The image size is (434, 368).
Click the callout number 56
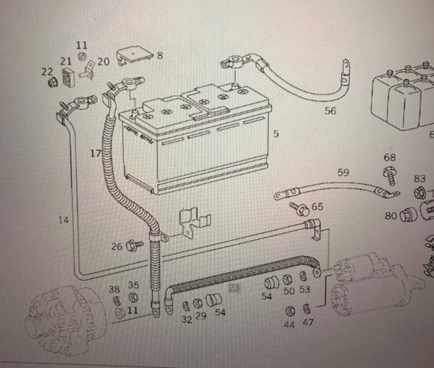click(330, 111)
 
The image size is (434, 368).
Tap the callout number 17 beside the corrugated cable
click(96, 153)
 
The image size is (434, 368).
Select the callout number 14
click(64, 220)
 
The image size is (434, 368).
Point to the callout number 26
click(117, 246)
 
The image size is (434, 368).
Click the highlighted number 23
click(234, 287)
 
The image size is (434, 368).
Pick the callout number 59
click(343, 172)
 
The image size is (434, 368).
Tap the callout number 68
click(389, 157)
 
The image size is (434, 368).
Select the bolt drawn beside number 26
click(134, 245)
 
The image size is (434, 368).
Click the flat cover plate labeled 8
click(134, 57)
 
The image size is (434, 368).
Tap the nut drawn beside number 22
click(52, 82)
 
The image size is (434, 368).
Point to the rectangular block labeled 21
click(68, 77)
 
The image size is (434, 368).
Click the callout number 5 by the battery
click(276, 133)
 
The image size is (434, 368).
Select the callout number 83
click(419, 179)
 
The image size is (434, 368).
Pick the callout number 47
click(308, 322)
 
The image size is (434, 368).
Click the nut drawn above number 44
click(290, 311)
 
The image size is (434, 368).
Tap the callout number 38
click(114, 289)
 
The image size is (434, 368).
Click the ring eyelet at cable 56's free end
click(346, 65)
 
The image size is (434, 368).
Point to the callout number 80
click(390, 215)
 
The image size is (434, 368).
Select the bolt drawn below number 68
click(390, 176)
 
